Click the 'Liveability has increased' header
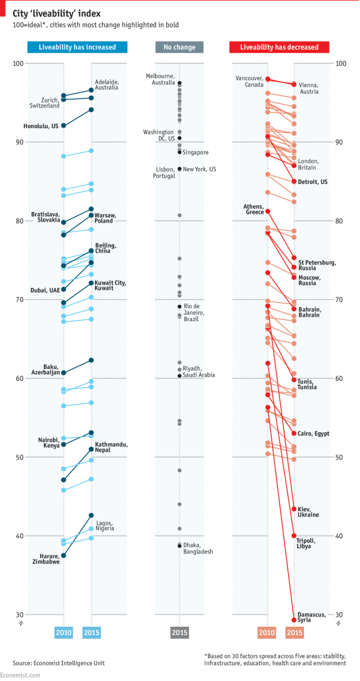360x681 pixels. click(x=78, y=47)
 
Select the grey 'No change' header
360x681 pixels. click(x=179, y=47)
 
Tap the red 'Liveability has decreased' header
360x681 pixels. click(x=280, y=47)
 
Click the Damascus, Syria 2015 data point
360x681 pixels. click(x=294, y=620)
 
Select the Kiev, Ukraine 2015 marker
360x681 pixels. click(x=294, y=509)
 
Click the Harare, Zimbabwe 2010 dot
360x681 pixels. click(x=64, y=556)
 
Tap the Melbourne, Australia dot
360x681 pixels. click(x=179, y=83)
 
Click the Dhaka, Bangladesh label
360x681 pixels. click(x=198, y=548)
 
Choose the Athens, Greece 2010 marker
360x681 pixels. click(x=268, y=211)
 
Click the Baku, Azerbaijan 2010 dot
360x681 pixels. click(x=64, y=373)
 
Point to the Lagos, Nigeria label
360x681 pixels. click(x=105, y=526)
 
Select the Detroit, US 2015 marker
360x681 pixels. click(x=294, y=181)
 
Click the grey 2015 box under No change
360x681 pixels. click(x=179, y=633)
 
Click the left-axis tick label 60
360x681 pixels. click(x=19, y=378)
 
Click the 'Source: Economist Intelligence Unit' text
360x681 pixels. click(x=59, y=663)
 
